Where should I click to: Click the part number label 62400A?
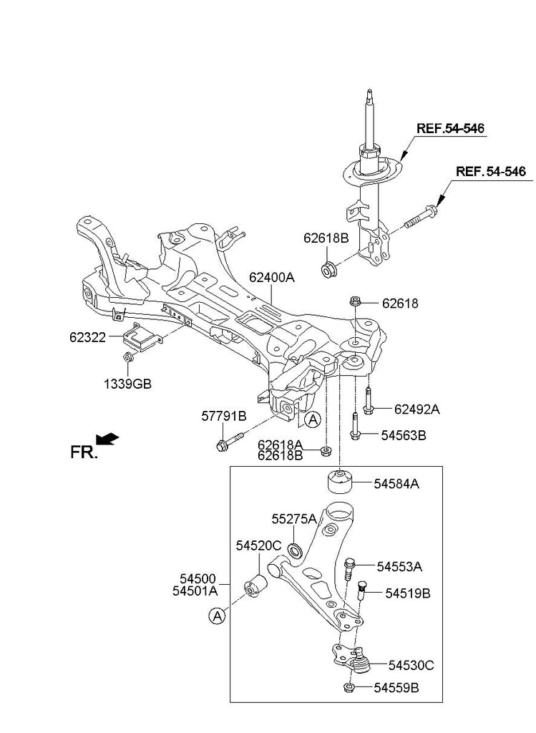pyautogui.click(x=271, y=277)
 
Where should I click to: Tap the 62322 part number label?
pyautogui.click(x=87, y=336)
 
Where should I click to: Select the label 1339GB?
pyautogui.click(x=127, y=384)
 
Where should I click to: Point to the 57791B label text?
pyautogui.click(x=224, y=416)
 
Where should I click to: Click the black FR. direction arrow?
pyautogui.click(x=107, y=439)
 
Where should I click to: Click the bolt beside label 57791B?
pyautogui.click(x=230, y=441)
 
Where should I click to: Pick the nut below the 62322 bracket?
pyautogui.click(x=127, y=357)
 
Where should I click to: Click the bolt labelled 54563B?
pyautogui.click(x=355, y=426)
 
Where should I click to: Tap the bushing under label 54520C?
pyautogui.click(x=255, y=586)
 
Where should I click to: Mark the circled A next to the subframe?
pyautogui.click(x=313, y=419)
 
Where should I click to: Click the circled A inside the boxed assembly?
pyautogui.click(x=217, y=616)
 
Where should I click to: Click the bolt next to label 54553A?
pyautogui.click(x=349, y=568)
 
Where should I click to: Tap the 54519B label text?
pyautogui.click(x=407, y=593)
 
